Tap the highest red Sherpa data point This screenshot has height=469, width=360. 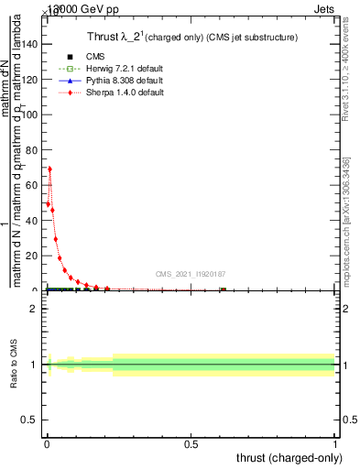(49, 169)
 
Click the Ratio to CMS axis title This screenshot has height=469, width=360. (15, 365)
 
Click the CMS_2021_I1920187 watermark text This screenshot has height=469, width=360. (191, 273)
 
